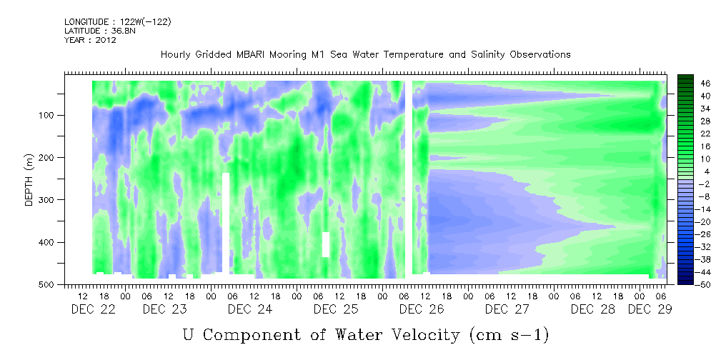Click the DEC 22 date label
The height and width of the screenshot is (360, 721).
click(x=94, y=309)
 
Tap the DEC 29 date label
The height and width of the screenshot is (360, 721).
click(x=650, y=309)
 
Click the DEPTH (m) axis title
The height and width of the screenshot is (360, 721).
click(x=29, y=180)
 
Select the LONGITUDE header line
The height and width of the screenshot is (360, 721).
click(x=118, y=21)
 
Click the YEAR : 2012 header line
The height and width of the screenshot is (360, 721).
click(x=90, y=40)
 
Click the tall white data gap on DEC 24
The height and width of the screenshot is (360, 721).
click(x=226, y=223)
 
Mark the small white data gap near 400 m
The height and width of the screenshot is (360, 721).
click(x=326, y=244)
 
